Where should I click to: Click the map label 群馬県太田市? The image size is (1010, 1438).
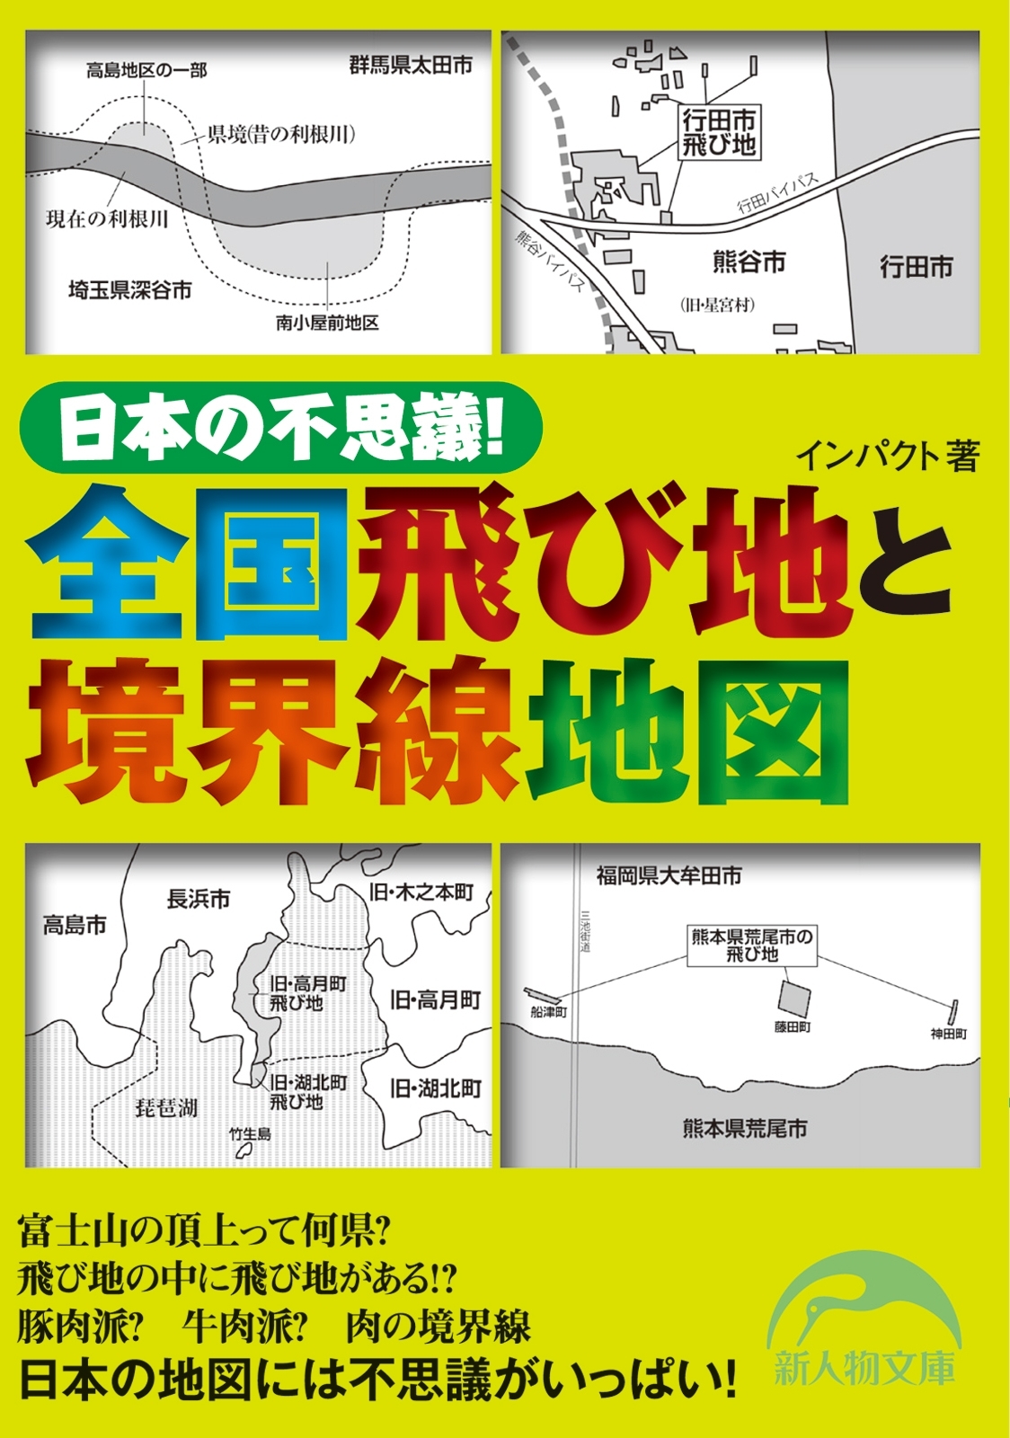click(x=411, y=65)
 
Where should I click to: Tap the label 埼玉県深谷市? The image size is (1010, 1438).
click(x=130, y=290)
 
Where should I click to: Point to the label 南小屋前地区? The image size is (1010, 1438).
click(x=327, y=323)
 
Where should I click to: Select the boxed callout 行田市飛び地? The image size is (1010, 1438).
click(x=719, y=132)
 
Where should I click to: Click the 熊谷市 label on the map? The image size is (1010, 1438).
click(x=749, y=262)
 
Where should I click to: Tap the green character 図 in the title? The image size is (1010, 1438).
click(x=775, y=730)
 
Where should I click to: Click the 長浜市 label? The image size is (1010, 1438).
click(x=199, y=898)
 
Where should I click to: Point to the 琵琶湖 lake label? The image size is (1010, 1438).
click(x=166, y=1107)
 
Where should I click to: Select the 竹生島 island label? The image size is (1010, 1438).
click(x=250, y=1134)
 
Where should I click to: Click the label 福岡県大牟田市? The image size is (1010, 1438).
click(x=669, y=874)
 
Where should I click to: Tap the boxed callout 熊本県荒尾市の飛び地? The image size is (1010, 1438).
click(x=752, y=945)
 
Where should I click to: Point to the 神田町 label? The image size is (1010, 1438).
click(x=949, y=1034)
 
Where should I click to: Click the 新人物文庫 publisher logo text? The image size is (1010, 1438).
click(x=864, y=1370)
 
